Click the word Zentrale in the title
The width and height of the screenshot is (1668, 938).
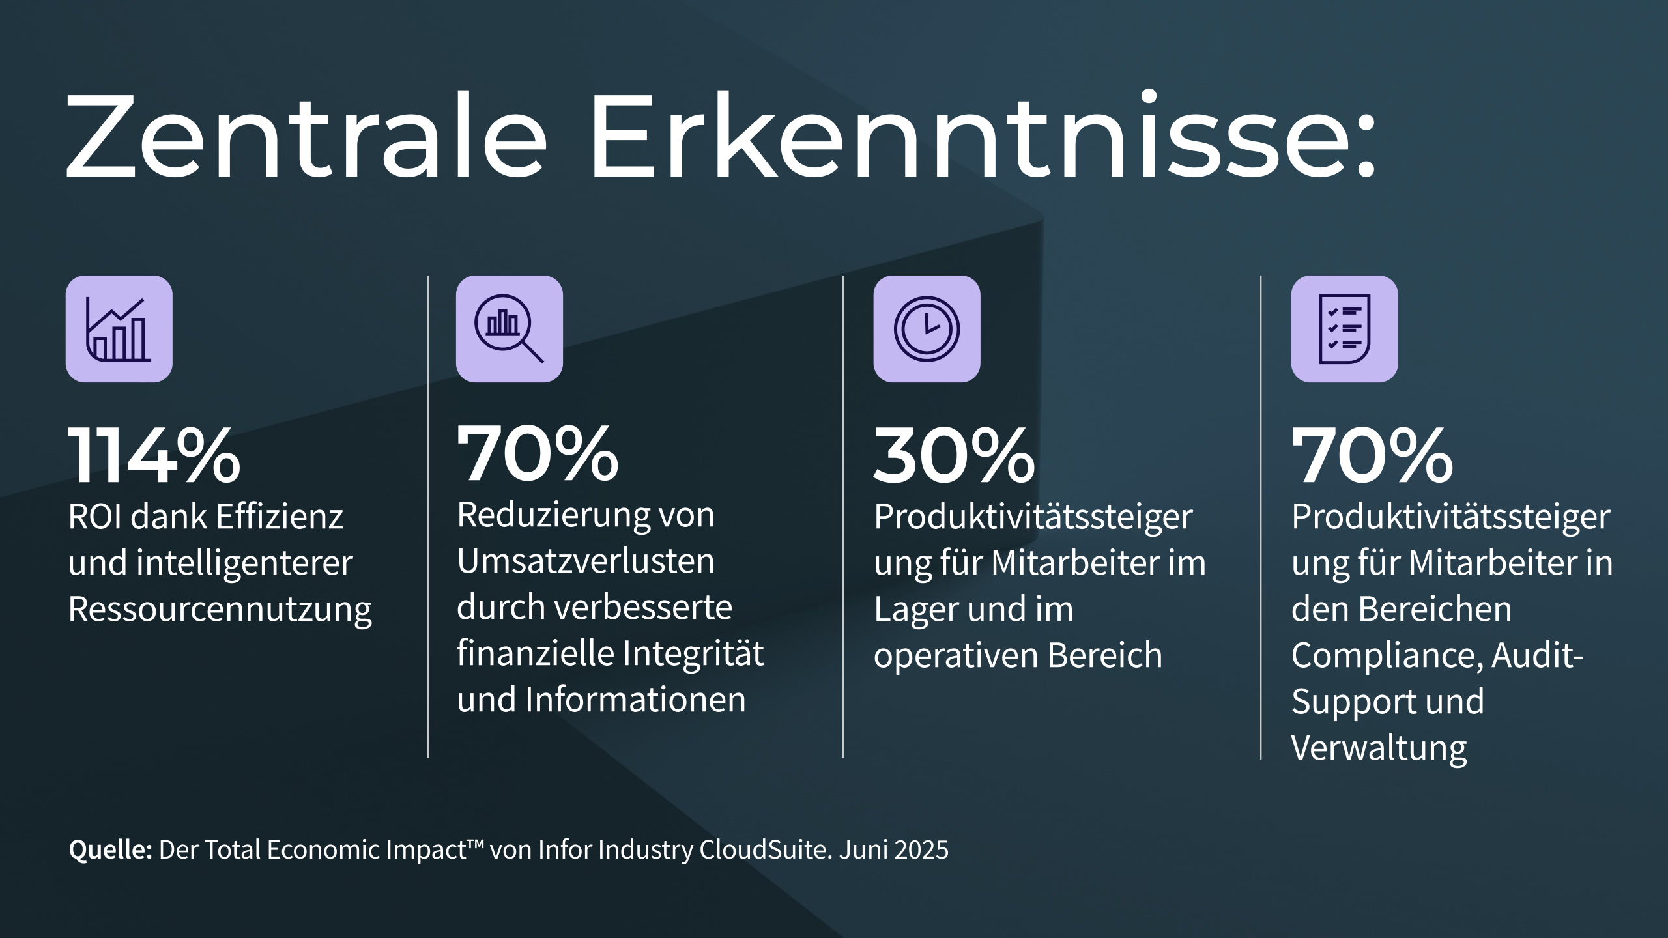pos(306,137)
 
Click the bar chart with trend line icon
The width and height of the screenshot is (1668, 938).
pos(119,329)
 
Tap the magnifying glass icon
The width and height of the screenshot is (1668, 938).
pos(509,329)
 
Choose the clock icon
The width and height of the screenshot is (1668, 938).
pos(927,329)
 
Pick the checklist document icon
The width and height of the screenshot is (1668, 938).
pos(1344,329)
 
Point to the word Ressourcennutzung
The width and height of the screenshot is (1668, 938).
pos(220,610)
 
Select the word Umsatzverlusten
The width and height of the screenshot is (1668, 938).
pos(585,561)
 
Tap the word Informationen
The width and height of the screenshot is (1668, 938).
pos(635,700)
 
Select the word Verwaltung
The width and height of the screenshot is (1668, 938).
pos(1379,748)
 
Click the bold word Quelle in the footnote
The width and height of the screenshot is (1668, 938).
pos(110,850)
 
